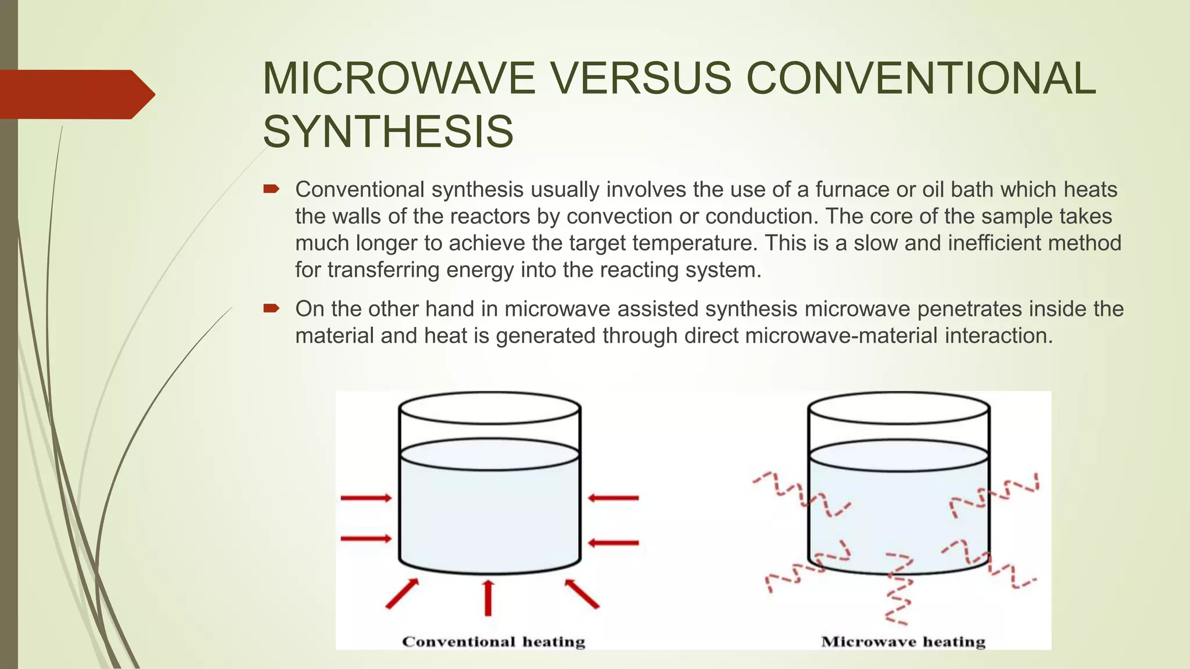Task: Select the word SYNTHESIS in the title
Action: click(388, 132)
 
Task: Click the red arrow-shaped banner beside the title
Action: click(76, 94)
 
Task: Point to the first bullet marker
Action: click(271, 189)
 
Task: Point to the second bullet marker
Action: click(271, 308)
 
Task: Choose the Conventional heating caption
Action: click(493, 642)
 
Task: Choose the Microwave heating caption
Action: click(903, 642)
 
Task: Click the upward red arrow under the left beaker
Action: click(488, 597)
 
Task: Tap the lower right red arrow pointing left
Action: click(614, 543)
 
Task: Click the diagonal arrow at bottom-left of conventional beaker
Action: click(402, 594)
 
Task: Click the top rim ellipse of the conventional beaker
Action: click(489, 407)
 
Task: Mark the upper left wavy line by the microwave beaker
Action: click(801, 494)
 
